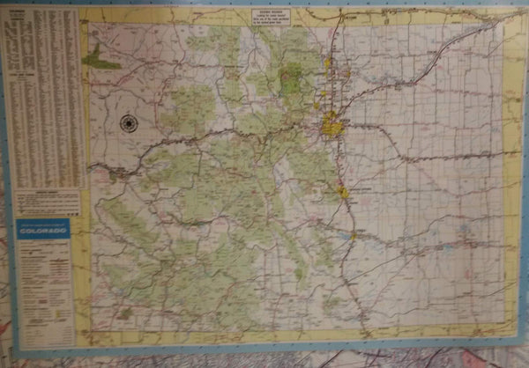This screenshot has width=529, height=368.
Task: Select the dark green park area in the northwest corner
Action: tap(100, 61)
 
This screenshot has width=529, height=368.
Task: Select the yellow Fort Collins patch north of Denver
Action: tap(327, 63)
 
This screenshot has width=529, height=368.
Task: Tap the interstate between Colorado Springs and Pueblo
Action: tap(348, 213)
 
